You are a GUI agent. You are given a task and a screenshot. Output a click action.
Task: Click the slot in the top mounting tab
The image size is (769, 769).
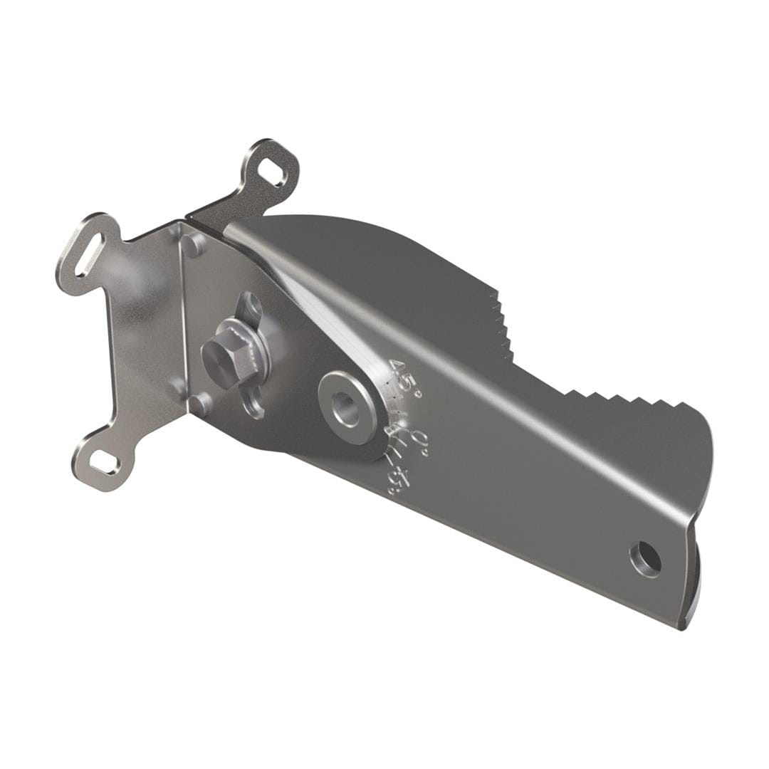[x=273, y=171]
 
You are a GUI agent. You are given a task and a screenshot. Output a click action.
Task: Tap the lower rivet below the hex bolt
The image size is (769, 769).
[x=200, y=404]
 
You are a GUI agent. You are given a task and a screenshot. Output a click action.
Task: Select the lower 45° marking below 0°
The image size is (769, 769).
[x=396, y=478]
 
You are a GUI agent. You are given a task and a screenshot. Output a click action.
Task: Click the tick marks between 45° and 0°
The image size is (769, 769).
[x=397, y=413]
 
